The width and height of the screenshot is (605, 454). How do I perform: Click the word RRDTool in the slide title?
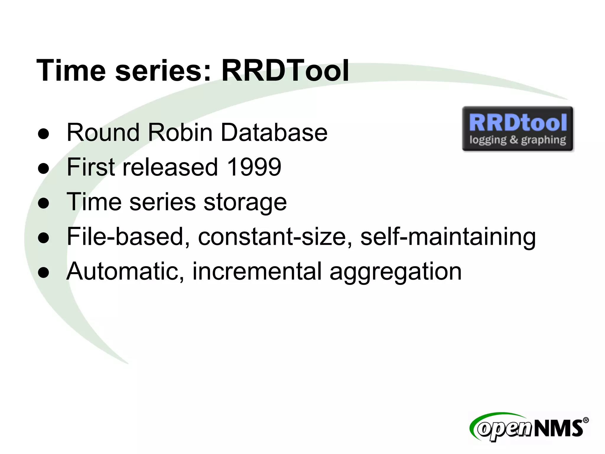[285, 70]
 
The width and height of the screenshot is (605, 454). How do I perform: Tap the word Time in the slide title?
[71, 70]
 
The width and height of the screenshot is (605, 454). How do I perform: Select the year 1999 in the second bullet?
[254, 167]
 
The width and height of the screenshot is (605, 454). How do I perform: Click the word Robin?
[180, 132]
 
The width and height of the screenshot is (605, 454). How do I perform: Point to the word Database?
[274, 132]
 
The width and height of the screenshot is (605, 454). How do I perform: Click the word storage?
[245, 202]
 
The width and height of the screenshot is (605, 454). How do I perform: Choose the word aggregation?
[396, 272]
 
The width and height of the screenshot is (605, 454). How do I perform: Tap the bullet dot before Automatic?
[43, 273]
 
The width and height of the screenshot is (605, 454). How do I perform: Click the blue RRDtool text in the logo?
[518, 123]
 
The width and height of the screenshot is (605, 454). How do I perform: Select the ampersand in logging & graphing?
[514, 140]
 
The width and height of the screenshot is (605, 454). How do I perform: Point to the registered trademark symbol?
[586, 420]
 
